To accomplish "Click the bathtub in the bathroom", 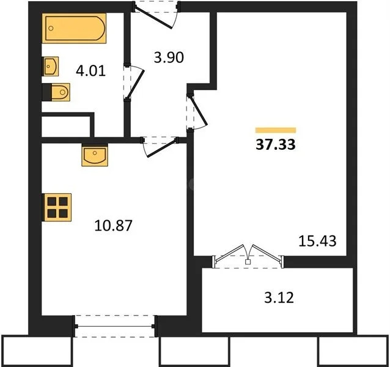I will pyautogui.click(x=74, y=28).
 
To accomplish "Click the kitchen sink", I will pyautogui.click(x=95, y=155).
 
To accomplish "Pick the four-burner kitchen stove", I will pyautogui.click(x=57, y=206).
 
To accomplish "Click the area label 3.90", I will pyautogui.click(x=168, y=59).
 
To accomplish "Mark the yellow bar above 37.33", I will pyautogui.click(x=275, y=130).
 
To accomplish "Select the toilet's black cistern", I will pyautogui.click(x=47, y=92).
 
